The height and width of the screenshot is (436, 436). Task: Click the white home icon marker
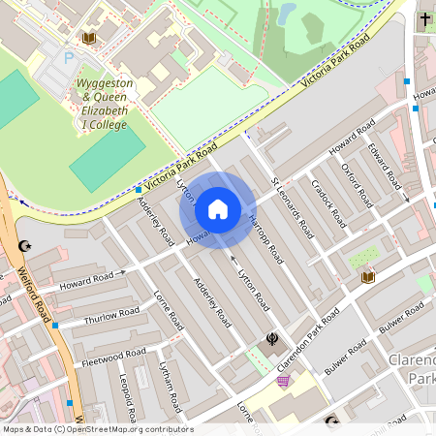(x=218, y=209)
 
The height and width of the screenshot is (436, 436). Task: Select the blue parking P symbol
(x=69, y=58)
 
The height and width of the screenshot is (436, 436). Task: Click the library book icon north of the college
(x=90, y=38)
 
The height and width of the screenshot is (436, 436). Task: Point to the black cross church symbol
(x=424, y=19)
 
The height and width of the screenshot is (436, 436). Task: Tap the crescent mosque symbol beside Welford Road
(x=25, y=246)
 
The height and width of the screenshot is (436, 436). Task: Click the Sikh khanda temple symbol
(x=272, y=339)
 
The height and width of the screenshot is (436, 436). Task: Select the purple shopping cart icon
(x=283, y=381)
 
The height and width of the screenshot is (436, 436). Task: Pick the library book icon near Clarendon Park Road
(x=367, y=277)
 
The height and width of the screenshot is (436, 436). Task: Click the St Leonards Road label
(x=292, y=207)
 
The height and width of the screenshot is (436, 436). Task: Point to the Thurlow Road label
(x=112, y=316)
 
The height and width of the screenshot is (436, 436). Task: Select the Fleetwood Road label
(x=113, y=357)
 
